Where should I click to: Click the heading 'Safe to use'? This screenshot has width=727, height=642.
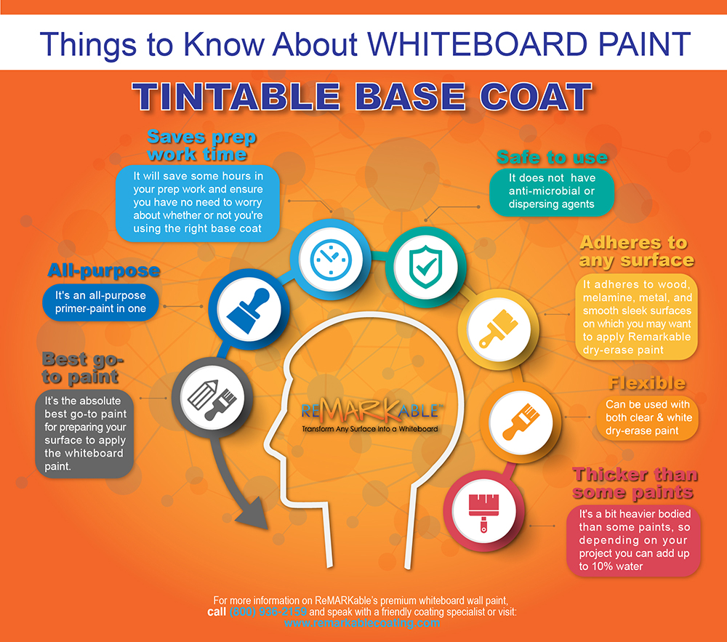coord(552,157)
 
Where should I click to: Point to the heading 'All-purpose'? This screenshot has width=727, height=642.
coord(104,271)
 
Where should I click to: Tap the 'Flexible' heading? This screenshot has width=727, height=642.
coord(647,383)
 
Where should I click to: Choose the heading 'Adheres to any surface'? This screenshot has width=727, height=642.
coord(637,251)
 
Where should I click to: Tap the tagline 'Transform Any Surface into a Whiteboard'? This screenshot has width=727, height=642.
coord(370,429)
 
